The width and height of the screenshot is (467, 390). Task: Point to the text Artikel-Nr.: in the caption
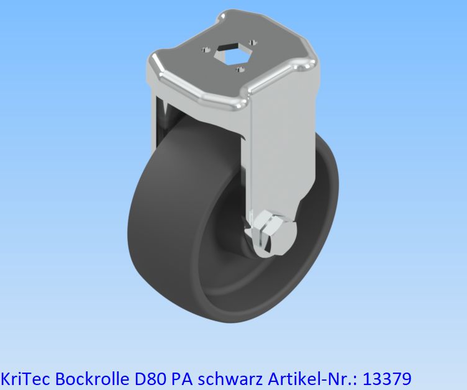coord(304,378)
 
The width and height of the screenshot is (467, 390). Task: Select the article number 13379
coord(386,378)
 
